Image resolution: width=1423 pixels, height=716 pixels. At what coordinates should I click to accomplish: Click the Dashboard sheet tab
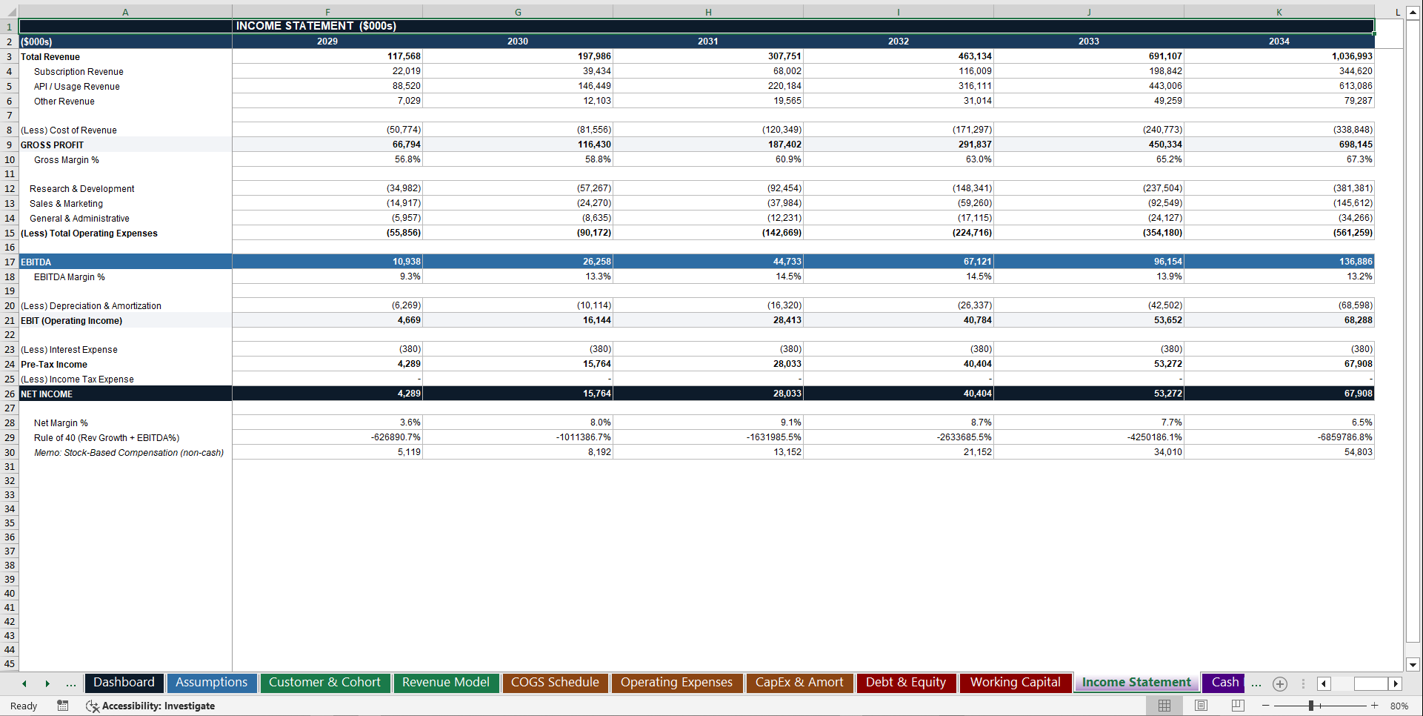[124, 683]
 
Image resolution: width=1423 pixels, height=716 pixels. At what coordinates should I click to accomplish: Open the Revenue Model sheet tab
[445, 683]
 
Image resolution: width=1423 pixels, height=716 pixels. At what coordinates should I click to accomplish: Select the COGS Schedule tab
[554, 683]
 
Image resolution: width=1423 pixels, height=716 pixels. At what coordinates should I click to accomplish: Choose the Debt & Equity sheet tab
[905, 683]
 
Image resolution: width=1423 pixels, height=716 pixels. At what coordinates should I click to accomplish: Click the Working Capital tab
[1015, 683]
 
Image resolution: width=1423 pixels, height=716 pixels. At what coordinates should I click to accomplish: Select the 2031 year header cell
[707, 42]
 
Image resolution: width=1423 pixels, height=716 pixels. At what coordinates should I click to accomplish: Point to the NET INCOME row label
[47, 394]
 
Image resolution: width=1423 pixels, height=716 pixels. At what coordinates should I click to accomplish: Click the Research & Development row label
[81, 189]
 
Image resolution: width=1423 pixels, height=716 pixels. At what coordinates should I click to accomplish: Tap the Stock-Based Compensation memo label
[128, 453]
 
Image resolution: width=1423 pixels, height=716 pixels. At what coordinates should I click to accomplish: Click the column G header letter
[518, 12]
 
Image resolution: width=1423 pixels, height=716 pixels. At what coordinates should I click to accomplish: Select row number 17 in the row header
[10, 262]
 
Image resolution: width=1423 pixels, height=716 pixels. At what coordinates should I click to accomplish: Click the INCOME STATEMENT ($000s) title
[316, 26]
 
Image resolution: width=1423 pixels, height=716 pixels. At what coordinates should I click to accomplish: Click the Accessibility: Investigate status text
[158, 706]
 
